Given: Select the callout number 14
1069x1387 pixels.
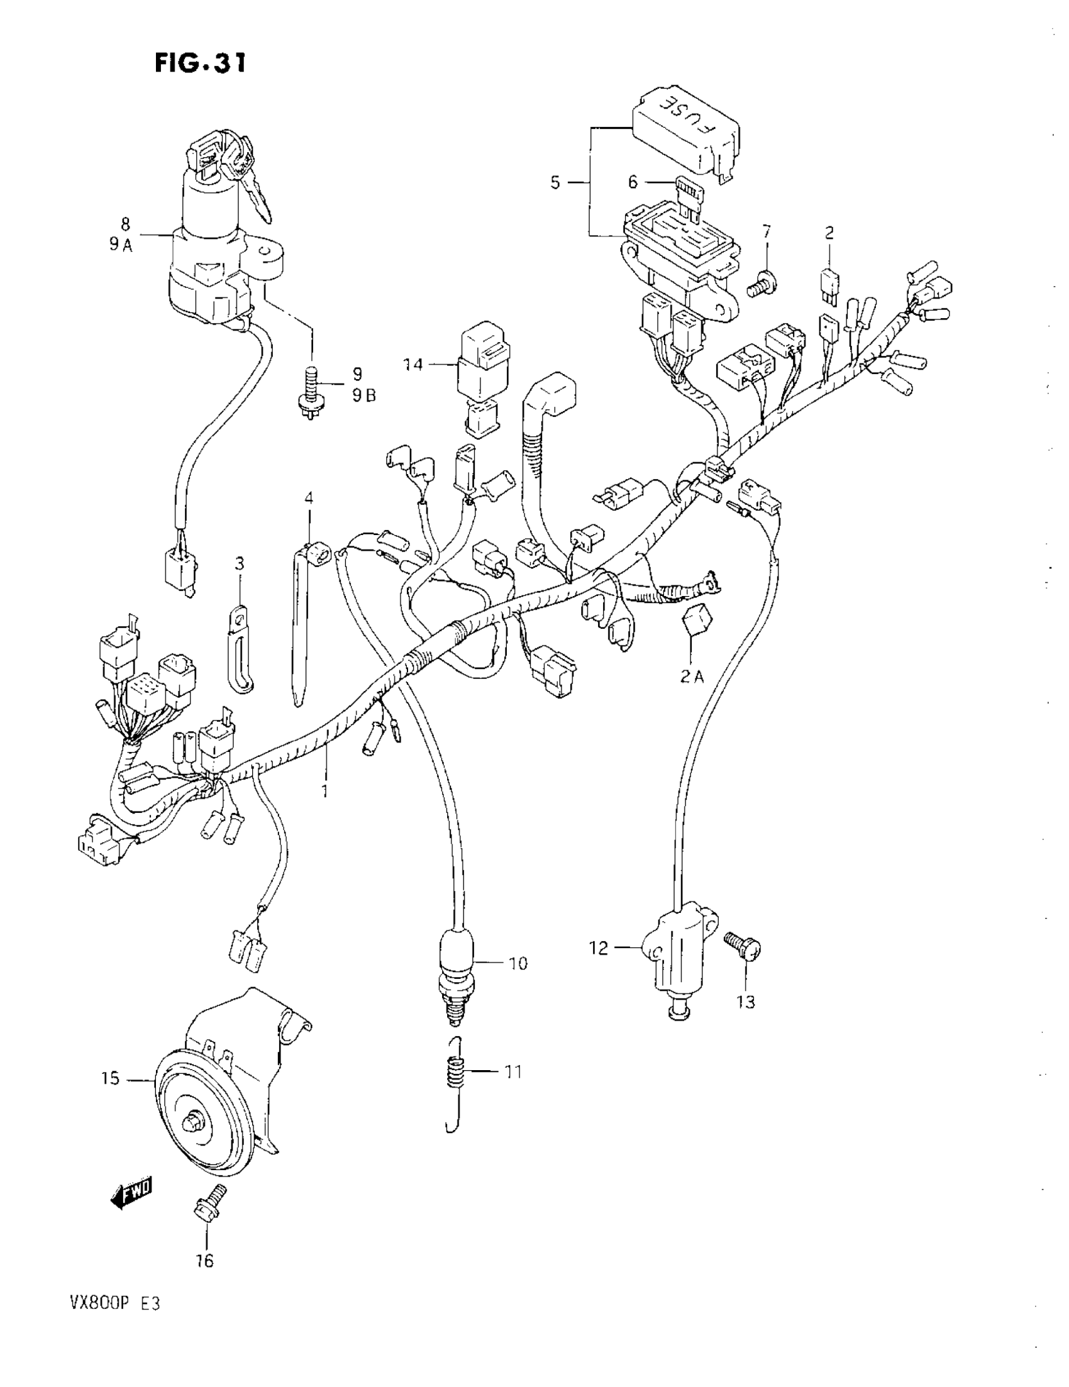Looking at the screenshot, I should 413,365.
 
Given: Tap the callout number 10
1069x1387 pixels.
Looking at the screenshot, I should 518,963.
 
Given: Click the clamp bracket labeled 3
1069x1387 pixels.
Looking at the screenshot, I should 240,648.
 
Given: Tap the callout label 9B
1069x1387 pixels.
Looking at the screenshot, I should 364,395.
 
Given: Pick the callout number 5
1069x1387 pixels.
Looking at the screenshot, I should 555,183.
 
